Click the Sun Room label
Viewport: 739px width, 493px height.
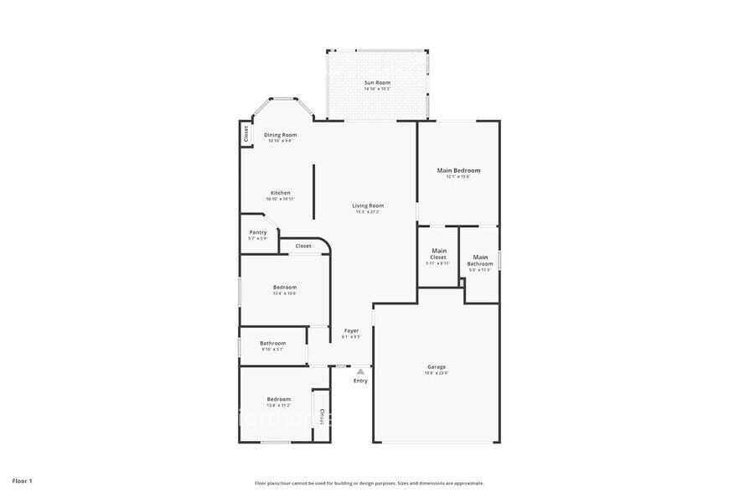tap(377, 82)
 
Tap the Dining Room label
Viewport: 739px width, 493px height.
tap(280, 134)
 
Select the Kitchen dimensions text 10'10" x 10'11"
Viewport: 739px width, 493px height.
tap(280, 199)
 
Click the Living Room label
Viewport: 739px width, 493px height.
tap(368, 205)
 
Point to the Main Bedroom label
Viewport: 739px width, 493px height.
tap(458, 170)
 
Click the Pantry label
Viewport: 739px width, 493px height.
tap(258, 232)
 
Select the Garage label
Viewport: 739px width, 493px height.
tap(437, 366)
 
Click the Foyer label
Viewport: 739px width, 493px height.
tap(352, 330)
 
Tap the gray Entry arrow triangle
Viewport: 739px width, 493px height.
tap(360, 371)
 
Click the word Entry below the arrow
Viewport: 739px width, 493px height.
tap(360, 381)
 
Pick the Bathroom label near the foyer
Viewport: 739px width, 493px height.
tap(272, 342)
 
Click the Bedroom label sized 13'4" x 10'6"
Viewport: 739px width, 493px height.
tap(284, 288)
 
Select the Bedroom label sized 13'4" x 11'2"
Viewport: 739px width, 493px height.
tap(279, 398)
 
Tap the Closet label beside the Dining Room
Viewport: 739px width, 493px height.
tap(245, 133)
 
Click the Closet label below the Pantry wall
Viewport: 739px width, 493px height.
tap(303, 246)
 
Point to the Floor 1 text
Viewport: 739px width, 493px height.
tap(23, 481)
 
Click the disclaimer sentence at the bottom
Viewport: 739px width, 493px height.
tap(369, 483)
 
